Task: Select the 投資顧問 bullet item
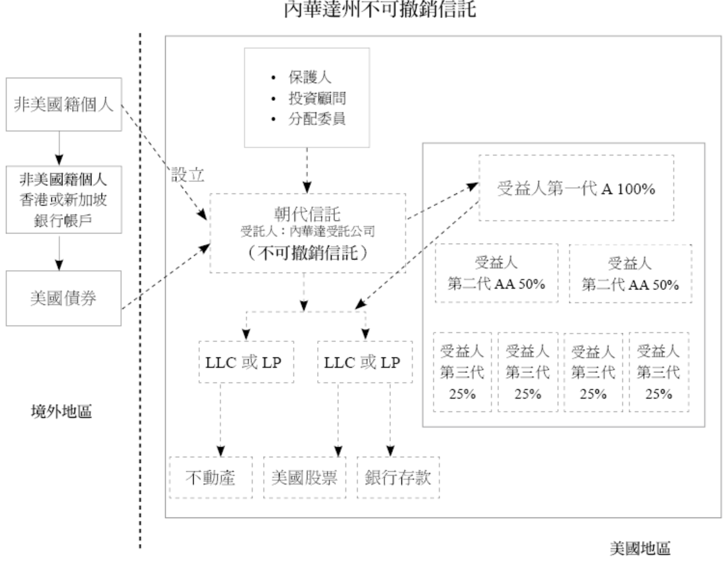click(x=318, y=98)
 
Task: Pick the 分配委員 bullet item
click(x=318, y=119)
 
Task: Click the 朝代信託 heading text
click(x=307, y=212)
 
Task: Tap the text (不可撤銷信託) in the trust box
click(x=307, y=253)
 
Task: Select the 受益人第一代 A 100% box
click(x=576, y=190)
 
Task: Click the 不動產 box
click(x=210, y=478)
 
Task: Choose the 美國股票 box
click(x=305, y=478)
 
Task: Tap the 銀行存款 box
click(x=399, y=478)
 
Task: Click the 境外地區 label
click(x=62, y=410)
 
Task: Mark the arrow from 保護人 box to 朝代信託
click(x=307, y=167)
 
